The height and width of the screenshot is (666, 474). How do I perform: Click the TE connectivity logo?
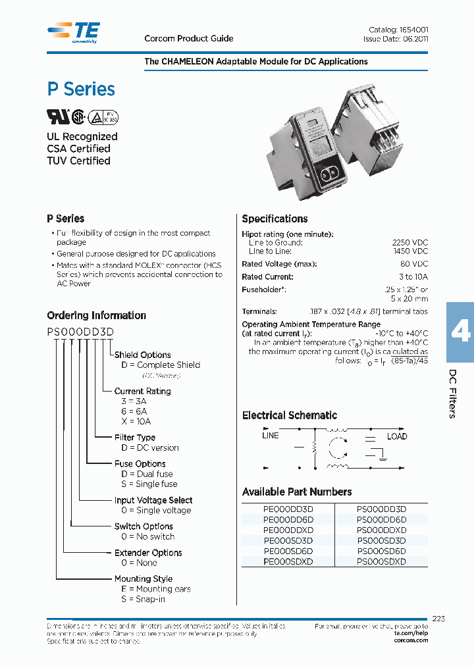point(74,31)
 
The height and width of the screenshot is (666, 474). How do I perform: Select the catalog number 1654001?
point(414,30)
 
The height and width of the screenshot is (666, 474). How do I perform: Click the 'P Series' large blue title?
point(81,90)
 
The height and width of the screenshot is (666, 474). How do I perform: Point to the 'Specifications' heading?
point(275,219)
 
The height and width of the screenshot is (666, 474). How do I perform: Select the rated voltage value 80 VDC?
point(413,265)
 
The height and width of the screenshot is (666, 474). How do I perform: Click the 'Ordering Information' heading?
point(96,315)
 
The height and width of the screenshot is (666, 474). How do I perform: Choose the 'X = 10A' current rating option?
point(132,421)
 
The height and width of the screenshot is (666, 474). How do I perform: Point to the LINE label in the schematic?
point(270,435)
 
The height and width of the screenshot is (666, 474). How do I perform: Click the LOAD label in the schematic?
point(397,436)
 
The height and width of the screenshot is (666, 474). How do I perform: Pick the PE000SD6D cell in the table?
point(288,551)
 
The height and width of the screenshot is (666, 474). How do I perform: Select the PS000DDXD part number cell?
point(381,530)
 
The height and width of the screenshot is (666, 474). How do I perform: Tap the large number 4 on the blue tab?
point(460,332)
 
